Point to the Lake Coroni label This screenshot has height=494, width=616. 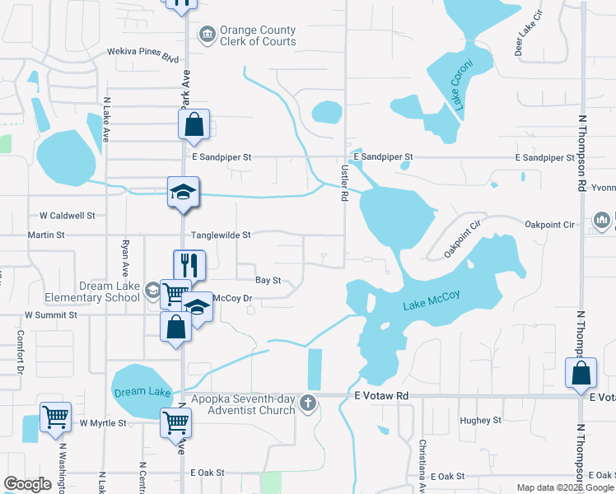(461, 85)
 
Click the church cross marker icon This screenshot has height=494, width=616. (308, 403)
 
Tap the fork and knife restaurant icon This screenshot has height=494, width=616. (189, 265)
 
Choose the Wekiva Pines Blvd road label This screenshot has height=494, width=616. (143, 51)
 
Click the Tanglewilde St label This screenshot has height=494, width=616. (221, 235)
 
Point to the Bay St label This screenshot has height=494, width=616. (268, 281)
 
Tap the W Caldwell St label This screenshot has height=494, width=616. (68, 216)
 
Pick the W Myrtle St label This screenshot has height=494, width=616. (103, 423)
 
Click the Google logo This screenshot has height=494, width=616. (28, 484)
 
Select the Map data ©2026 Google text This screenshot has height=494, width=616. (564, 487)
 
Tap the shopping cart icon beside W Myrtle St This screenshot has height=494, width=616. (55, 416)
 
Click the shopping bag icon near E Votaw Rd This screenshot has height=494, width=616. (581, 372)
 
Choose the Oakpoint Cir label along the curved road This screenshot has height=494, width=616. (463, 238)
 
